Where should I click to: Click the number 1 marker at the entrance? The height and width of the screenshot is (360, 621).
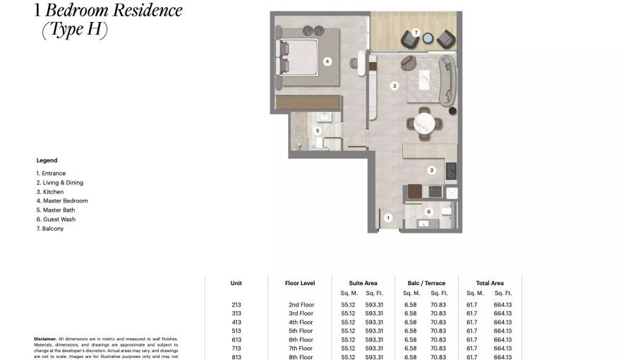coord(387,218)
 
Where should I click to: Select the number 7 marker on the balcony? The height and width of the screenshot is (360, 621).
coord(416,32)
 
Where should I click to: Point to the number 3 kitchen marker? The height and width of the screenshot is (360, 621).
coord(431,170)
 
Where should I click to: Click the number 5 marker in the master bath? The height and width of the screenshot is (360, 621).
coord(318,131)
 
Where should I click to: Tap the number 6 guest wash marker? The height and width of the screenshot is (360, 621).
coord(428,211)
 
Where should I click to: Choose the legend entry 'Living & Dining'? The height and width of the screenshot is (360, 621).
coord(60,183)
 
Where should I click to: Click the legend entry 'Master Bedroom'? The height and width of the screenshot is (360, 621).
coord(62,201)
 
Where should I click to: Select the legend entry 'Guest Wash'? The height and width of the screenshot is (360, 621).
coord(56,220)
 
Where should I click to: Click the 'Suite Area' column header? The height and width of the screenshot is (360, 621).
coord(363,283)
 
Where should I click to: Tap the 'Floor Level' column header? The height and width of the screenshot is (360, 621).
coord(300,283)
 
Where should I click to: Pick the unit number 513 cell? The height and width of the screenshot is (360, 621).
coord(236,331)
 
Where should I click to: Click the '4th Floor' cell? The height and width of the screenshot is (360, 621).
coord(301,322)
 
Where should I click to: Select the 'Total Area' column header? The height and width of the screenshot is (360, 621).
coord(489,283)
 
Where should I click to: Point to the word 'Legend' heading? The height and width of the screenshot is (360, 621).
coord(47,160)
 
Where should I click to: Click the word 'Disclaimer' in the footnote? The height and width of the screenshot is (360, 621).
coord(44,339)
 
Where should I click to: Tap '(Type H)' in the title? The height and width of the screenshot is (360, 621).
coord(74,31)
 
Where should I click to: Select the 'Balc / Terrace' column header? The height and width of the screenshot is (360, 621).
coord(426,283)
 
